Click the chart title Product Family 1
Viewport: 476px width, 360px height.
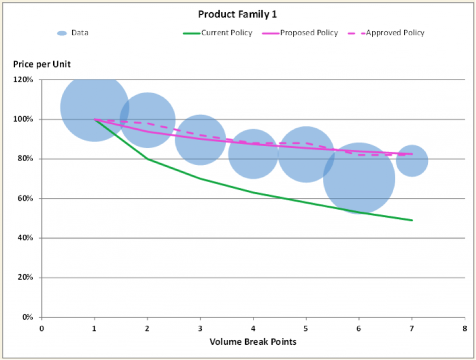237,14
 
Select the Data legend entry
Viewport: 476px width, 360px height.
79,33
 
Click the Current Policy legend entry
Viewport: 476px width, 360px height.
226,33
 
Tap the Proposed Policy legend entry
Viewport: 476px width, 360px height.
309,33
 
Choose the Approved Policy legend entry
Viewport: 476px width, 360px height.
395,33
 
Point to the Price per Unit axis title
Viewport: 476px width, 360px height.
42,64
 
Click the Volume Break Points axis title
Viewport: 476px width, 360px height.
253,341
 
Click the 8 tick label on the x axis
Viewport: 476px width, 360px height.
465,328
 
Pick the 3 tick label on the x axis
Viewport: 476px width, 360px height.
200,328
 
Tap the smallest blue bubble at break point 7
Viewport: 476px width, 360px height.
412,161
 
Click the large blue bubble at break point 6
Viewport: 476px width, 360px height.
359,178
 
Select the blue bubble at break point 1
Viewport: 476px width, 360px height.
95,107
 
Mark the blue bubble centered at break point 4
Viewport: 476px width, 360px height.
253,153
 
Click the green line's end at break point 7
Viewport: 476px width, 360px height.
412,220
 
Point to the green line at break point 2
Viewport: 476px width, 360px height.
147,159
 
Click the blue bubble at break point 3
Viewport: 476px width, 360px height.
200,140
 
